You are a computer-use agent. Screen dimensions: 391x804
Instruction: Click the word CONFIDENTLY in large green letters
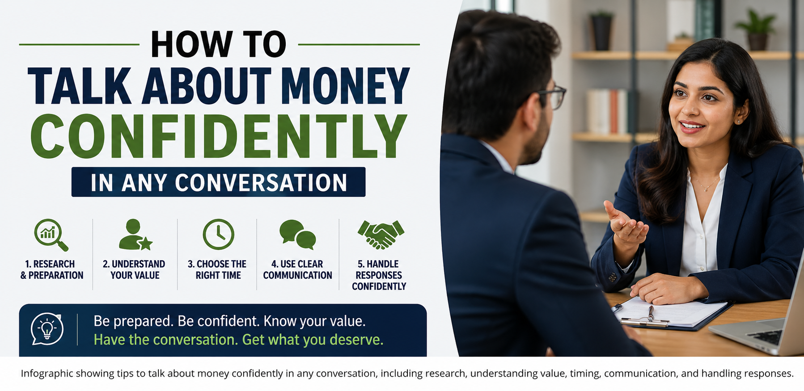click(219, 136)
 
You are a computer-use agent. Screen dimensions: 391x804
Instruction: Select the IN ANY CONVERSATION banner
click(218, 182)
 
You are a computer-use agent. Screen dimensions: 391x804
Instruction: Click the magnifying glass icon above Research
click(51, 234)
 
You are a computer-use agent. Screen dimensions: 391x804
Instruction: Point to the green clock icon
click(218, 234)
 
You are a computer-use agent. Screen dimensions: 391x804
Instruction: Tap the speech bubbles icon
click(297, 234)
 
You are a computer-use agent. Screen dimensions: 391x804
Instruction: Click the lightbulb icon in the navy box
click(47, 329)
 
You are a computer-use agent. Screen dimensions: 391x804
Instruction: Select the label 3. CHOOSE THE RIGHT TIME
click(217, 269)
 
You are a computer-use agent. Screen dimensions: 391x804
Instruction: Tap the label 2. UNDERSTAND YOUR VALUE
click(134, 269)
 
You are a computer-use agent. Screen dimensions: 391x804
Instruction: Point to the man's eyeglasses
click(553, 97)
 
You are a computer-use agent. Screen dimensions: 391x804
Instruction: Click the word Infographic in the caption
click(46, 374)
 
